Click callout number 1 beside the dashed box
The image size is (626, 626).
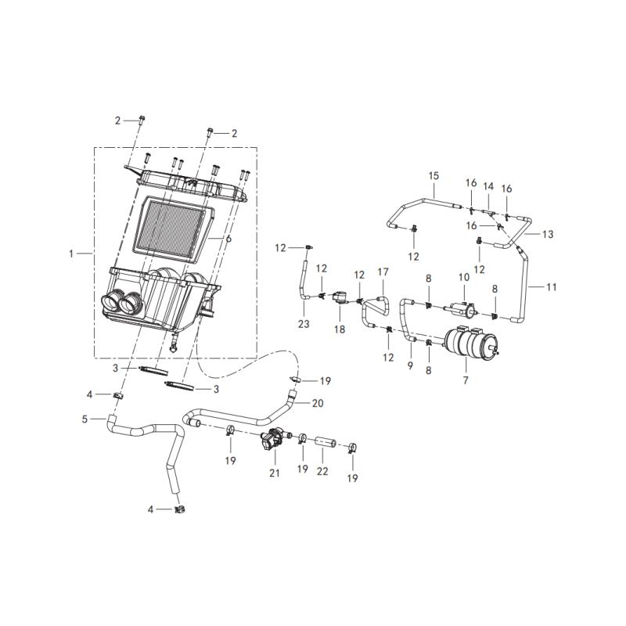click(71, 254)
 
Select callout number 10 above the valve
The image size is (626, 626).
click(464, 277)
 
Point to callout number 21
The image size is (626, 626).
click(275, 473)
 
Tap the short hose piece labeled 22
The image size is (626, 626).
click(326, 442)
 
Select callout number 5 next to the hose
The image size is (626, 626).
click(85, 419)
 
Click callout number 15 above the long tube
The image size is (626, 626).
click(434, 175)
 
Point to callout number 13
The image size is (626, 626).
click(548, 234)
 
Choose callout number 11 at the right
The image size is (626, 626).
click(552, 286)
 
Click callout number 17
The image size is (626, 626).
click(383, 272)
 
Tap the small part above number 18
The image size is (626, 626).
click(340, 298)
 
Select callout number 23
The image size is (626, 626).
click(304, 323)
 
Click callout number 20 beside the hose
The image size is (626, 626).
click(318, 403)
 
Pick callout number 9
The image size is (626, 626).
click(410, 365)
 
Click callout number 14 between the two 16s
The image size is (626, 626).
click(488, 186)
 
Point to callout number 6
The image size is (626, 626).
click(228, 239)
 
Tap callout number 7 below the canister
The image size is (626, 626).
click(466, 380)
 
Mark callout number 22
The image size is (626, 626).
click(322, 471)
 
